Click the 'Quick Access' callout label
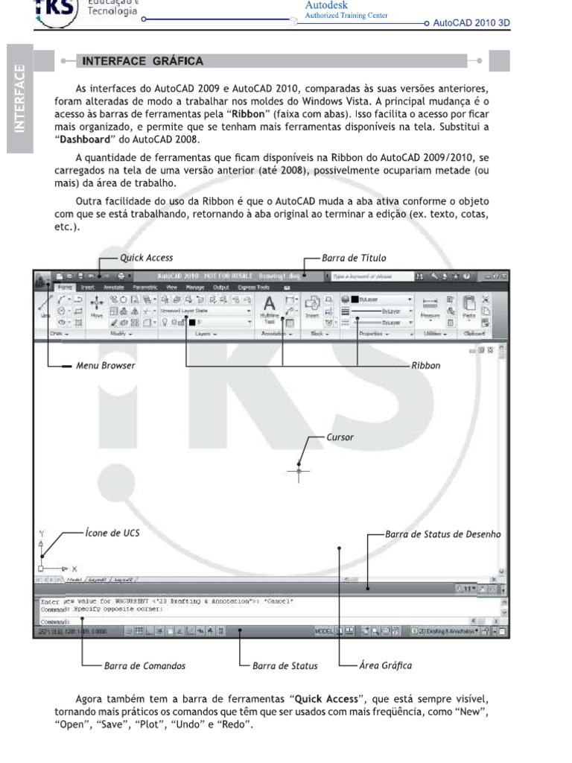pos(146,258)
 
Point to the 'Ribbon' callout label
pos(426,366)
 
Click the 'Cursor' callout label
pos(340,438)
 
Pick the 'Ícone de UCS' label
pos(111,534)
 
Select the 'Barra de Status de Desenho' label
pos(444,534)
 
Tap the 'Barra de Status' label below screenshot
pos(285,665)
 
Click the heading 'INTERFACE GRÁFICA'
pos(142,60)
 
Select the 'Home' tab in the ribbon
pos(65,286)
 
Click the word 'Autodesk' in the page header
pos(325,4)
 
